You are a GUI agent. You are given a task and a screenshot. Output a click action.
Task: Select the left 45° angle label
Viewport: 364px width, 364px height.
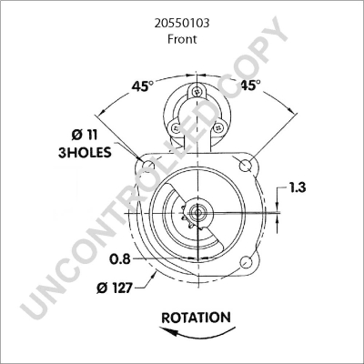click(142, 86)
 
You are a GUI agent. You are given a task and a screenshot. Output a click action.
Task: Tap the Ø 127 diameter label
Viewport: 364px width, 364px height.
click(116, 289)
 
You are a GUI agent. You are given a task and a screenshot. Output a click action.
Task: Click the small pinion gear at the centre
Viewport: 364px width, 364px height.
click(188, 215)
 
